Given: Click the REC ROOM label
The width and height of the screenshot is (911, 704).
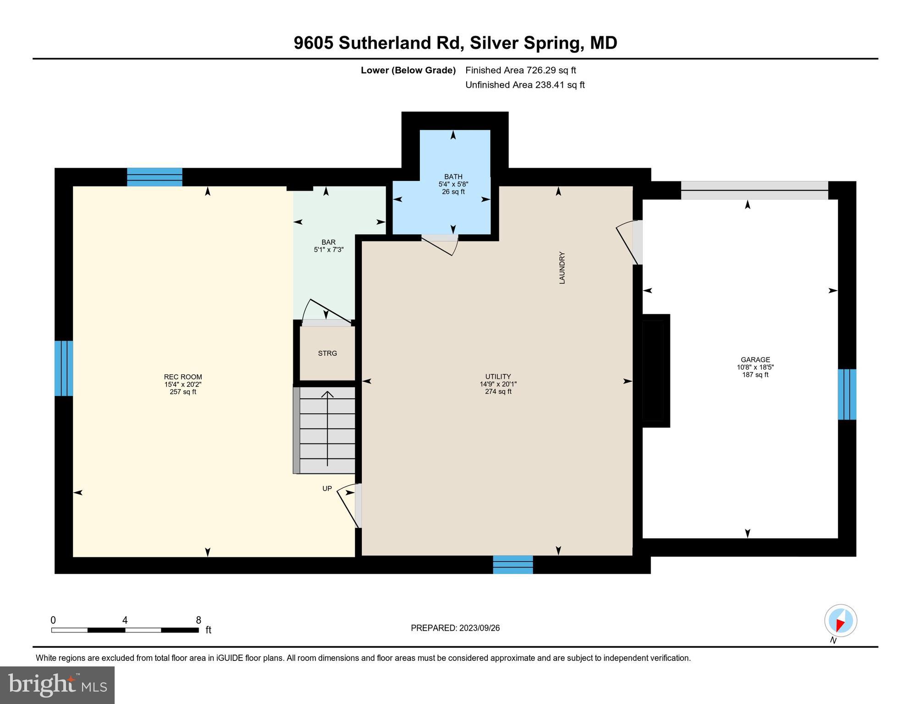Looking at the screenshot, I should tap(183, 377).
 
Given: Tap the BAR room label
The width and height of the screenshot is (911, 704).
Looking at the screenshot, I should tap(328, 242).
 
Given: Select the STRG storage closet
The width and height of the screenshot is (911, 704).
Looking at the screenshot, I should tap(327, 353).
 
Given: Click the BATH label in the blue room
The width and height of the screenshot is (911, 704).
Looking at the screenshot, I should tap(453, 177).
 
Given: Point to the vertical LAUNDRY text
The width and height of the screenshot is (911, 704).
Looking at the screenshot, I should tap(562, 268).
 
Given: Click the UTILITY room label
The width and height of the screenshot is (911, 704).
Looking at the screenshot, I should tap(498, 377).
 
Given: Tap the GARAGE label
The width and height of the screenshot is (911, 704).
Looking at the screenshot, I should tap(755, 360).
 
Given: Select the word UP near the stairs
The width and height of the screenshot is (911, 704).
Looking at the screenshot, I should tap(327, 489).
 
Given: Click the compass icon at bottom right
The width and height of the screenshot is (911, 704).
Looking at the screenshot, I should tap(840, 621).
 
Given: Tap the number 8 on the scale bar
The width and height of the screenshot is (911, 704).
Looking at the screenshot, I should tap(199, 620).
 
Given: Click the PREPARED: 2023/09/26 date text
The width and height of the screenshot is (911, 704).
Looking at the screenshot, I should tap(455, 628).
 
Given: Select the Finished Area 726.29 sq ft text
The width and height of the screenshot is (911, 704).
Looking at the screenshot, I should tap(520, 70).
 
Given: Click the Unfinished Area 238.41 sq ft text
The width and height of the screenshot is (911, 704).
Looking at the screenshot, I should tap(525, 85).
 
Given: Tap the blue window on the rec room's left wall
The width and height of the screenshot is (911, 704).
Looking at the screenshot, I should tap(64, 368).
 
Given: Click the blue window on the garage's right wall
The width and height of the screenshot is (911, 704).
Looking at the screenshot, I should tap(847, 394).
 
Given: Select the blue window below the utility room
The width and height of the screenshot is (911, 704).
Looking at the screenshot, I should tap(513, 565).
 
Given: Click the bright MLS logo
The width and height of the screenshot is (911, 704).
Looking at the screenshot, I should tap(57, 685).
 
